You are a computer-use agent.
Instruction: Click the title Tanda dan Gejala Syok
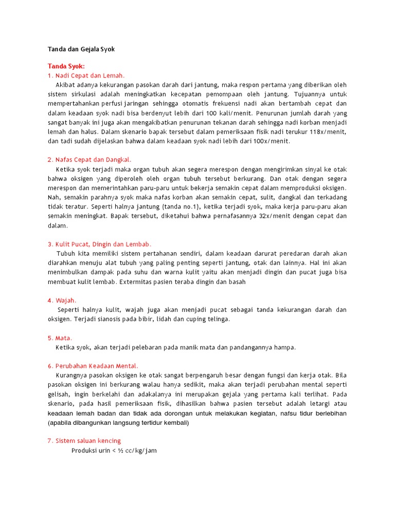(81, 49)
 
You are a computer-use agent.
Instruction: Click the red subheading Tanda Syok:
(66, 66)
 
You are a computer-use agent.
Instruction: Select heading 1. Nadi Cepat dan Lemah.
(86, 76)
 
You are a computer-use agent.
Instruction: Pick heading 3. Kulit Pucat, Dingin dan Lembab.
(100, 244)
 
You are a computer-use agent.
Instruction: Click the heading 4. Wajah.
(62, 300)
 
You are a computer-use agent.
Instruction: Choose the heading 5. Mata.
(60, 338)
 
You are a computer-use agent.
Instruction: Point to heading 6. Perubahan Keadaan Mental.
(93, 366)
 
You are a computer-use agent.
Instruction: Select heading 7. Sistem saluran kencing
(84, 441)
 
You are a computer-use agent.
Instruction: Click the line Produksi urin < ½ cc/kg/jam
(114, 450)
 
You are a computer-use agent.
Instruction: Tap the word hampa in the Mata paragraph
(286, 347)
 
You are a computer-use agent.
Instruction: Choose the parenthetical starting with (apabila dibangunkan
(118, 423)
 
